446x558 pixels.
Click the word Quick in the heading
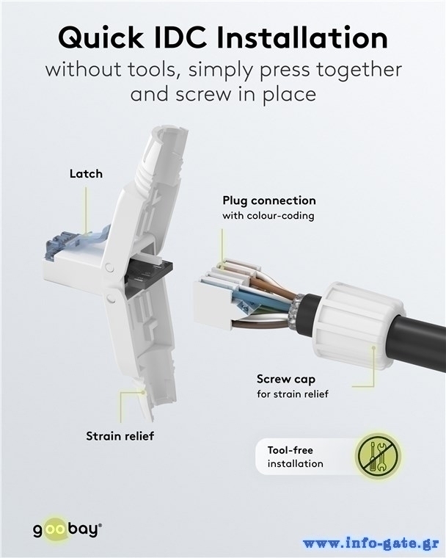[100, 37]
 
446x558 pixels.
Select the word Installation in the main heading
[302, 37]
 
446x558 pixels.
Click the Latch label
[86, 174]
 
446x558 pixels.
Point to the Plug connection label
[269, 200]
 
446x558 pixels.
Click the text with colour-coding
[268, 216]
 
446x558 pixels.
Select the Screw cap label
[286, 380]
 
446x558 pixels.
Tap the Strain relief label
[120, 436]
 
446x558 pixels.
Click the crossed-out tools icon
[378, 456]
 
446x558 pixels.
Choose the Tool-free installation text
[295, 457]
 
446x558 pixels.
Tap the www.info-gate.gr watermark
[370, 543]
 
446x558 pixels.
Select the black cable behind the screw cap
[416, 341]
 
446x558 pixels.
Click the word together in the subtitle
[359, 70]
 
